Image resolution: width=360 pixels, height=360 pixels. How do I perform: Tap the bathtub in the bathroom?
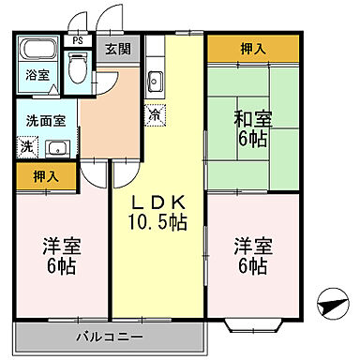tap(38, 52)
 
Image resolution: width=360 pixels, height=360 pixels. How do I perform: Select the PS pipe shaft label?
tap(78, 41)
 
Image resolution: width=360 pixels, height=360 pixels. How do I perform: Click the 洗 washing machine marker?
tap(25, 146)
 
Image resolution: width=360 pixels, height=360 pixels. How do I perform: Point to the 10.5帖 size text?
tap(157, 223)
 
